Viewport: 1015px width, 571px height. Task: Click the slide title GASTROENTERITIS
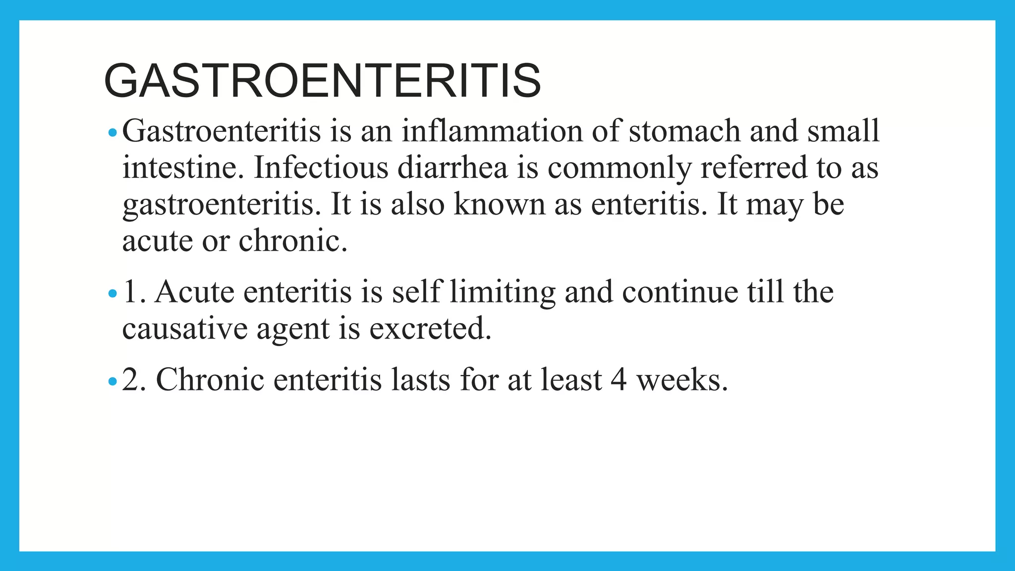[x=322, y=81]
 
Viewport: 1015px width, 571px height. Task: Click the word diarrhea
[x=452, y=168]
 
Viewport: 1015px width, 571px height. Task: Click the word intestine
[x=183, y=168]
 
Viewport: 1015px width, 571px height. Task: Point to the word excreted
[x=430, y=329]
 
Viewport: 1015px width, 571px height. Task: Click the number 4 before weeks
[x=619, y=380]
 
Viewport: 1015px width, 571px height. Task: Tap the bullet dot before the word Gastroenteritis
[x=113, y=132]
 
